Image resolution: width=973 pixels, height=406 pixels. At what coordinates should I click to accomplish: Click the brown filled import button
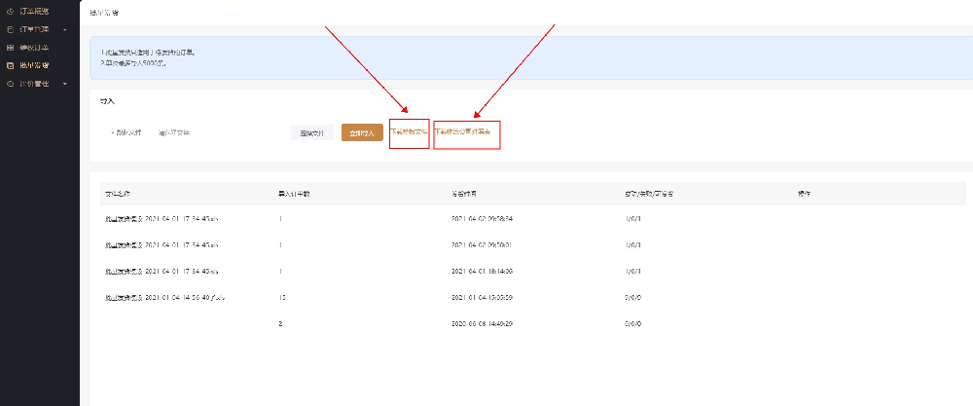[x=361, y=132]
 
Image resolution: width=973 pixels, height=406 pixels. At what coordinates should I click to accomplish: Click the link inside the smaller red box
[x=409, y=130]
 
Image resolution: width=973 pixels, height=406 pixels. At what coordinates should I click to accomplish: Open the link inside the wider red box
[x=467, y=130]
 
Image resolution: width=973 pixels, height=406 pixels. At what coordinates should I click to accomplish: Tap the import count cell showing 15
[x=282, y=296]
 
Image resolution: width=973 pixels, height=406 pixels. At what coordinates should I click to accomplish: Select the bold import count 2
[x=280, y=322]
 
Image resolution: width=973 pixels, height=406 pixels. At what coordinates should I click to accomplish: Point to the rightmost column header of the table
[x=804, y=194]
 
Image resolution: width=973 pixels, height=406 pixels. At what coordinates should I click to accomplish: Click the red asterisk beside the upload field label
[x=112, y=132]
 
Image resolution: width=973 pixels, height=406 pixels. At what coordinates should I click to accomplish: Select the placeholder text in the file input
[x=174, y=132]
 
